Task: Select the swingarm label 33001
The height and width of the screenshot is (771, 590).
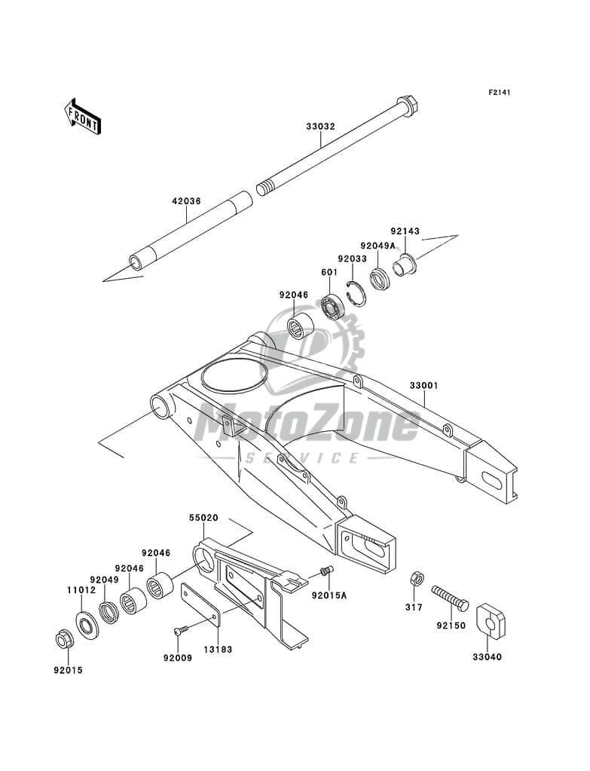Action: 424,386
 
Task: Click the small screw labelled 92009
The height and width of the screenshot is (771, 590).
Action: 179,632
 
